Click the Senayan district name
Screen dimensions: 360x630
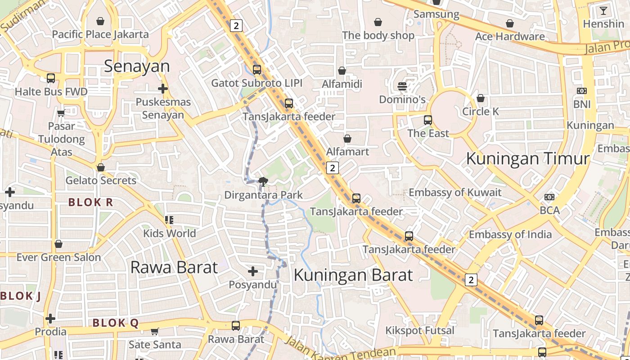137,67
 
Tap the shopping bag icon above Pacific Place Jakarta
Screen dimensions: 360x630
100,21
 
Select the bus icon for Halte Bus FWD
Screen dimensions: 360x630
51,78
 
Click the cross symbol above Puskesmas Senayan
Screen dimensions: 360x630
163,89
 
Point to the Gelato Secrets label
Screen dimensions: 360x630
101,180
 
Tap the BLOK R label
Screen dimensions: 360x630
90,202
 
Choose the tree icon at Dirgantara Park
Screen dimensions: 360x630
263,182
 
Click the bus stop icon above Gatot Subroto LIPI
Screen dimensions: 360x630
256,70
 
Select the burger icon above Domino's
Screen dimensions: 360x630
402,86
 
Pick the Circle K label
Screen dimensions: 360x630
481,111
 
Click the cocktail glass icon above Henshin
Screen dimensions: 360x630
603,11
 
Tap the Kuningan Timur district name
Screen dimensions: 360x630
527,159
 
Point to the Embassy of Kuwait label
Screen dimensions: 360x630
454,193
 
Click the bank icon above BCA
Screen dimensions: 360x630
549,197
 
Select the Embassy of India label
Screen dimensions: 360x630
510,234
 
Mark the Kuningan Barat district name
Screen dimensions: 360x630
353,275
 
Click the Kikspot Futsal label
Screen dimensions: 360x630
419,331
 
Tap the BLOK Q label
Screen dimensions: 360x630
115,323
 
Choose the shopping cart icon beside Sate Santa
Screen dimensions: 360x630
154,332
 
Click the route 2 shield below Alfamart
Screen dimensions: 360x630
332,168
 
